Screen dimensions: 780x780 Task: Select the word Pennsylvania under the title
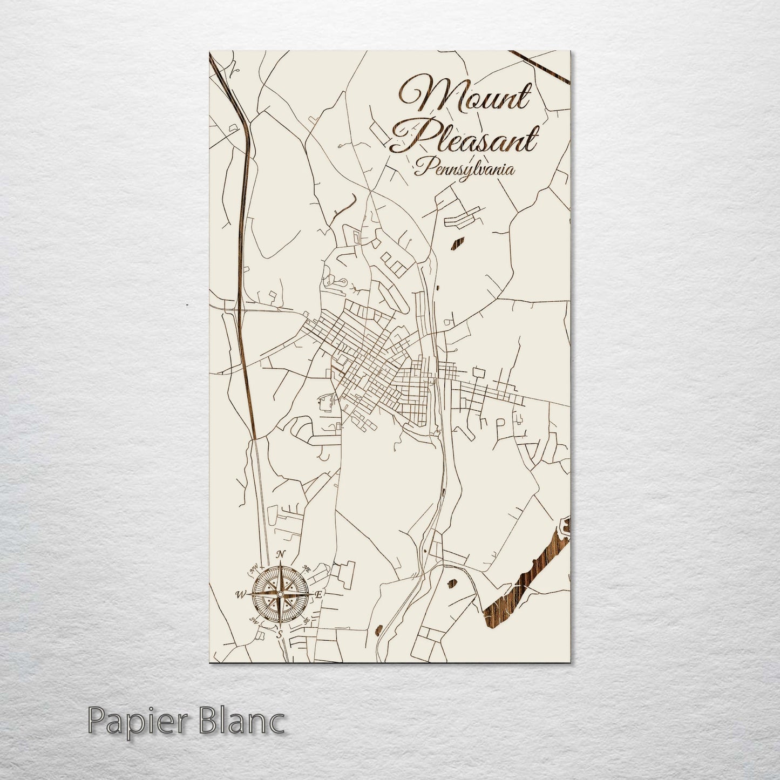pyautogui.click(x=463, y=169)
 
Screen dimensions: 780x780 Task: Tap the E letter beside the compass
pyautogui.click(x=318, y=594)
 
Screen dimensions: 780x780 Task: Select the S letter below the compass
pyautogui.click(x=279, y=634)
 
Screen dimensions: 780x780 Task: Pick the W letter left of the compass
pyautogui.click(x=240, y=595)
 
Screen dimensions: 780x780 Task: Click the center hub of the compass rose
pyautogui.click(x=280, y=594)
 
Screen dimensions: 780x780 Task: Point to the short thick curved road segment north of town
pyautogui.click(x=345, y=205)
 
